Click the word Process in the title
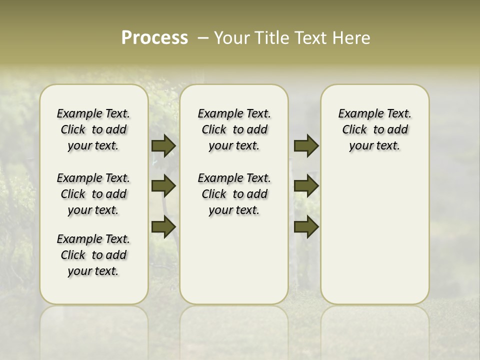pos(154,38)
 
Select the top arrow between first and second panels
pos(163,146)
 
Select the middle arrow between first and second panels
pos(163,186)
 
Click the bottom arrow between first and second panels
pos(163,226)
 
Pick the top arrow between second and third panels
pos(306,146)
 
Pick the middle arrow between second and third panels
pos(306,186)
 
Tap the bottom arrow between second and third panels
pos(306,226)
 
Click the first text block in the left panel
pos(93,129)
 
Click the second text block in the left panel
pos(93,194)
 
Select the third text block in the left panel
pos(93,255)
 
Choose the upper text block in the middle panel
pos(234,129)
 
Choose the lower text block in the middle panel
pos(234,194)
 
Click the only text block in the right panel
pos(374,129)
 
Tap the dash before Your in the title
pos(202,38)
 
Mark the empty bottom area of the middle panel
pos(234,265)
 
